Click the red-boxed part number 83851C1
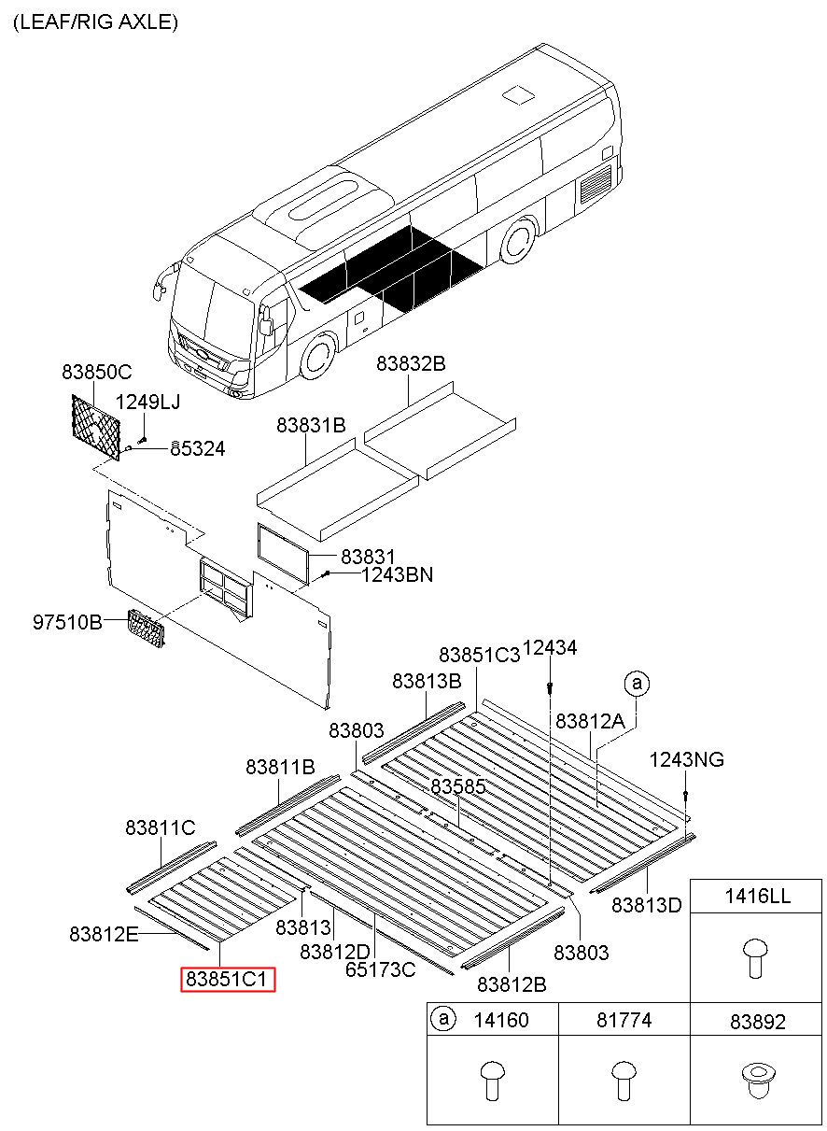click(x=228, y=979)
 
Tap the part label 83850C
click(x=97, y=372)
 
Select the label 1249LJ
click(x=147, y=403)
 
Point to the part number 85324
click(x=197, y=448)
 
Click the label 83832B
click(x=411, y=364)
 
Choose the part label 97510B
click(x=68, y=621)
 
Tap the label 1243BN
click(x=397, y=574)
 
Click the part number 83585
click(x=457, y=787)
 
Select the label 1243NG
click(x=686, y=759)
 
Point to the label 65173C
click(x=380, y=969)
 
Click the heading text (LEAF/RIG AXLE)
click(x=95, y=22)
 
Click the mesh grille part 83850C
click(x=96, y=425)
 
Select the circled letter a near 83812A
click(x=637, y=685)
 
